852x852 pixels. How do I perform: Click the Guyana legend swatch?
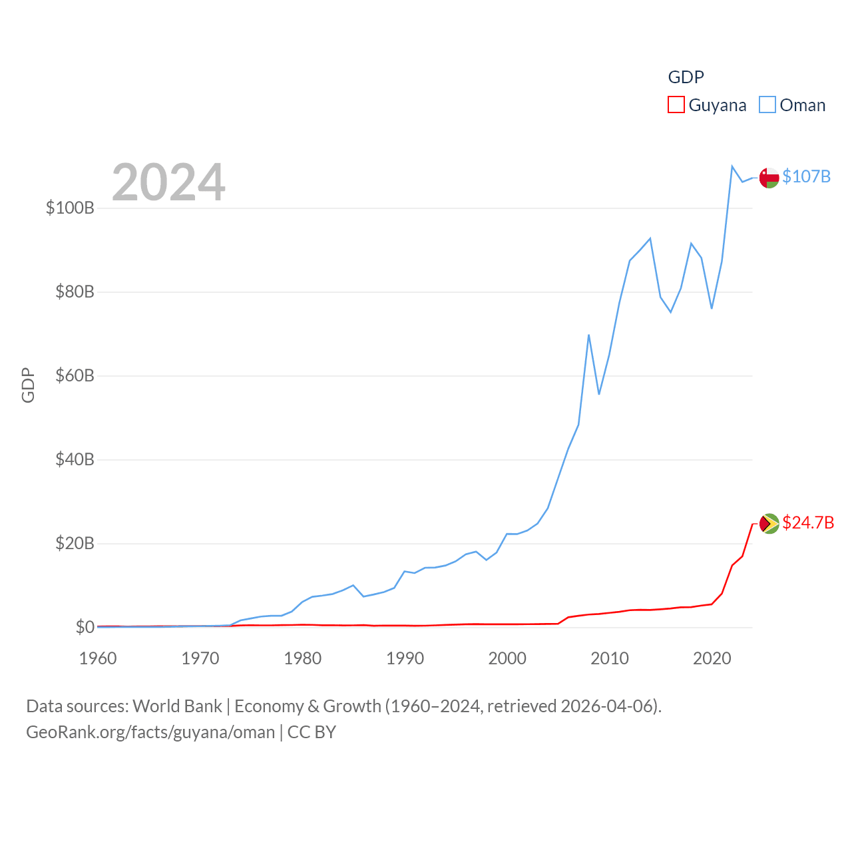pos(676,105)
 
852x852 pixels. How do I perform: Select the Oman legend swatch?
pos(767,105)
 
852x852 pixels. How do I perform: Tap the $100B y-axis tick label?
pos(70,208)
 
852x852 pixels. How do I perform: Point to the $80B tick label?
pos(75,292)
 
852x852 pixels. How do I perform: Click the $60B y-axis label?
pos(75,375)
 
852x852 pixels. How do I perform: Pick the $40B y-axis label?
pos(75,459)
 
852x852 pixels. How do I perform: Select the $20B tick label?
pos(75,543)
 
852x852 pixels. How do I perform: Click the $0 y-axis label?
pos(85,627)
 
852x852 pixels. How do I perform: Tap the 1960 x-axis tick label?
pos(98,658)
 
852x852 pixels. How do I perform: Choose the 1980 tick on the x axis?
pos(303,658)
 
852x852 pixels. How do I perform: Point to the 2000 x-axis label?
pos(507,658)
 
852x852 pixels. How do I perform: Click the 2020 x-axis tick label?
pos(712,658)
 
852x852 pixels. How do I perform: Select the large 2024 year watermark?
pos(168,182)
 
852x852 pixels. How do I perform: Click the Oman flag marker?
pos(769,178)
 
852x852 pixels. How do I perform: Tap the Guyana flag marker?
pos(769,524)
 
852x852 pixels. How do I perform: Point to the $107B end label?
pos(806,176)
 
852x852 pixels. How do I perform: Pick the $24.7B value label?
pos(808,523)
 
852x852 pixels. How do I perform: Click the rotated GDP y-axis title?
pos(28,385)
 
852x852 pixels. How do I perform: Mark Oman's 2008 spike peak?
pos(588,335)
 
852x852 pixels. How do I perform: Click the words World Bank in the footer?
pos(177,706)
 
